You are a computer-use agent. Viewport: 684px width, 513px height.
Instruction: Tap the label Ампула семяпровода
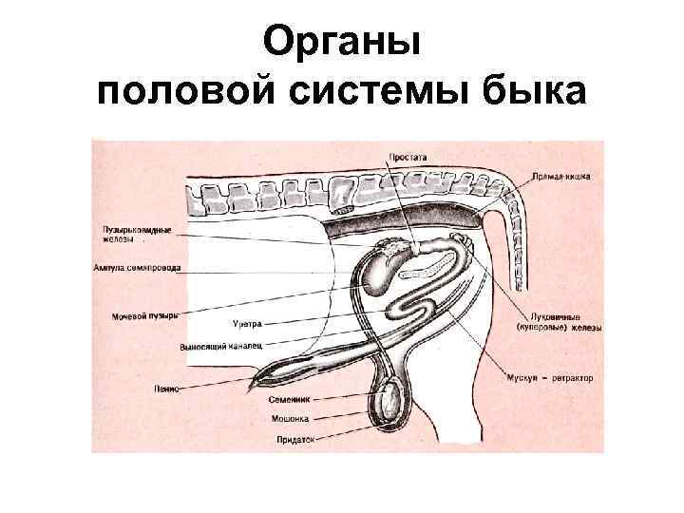click(137, 268)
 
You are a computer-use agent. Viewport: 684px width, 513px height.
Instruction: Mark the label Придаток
click(295, 439)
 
